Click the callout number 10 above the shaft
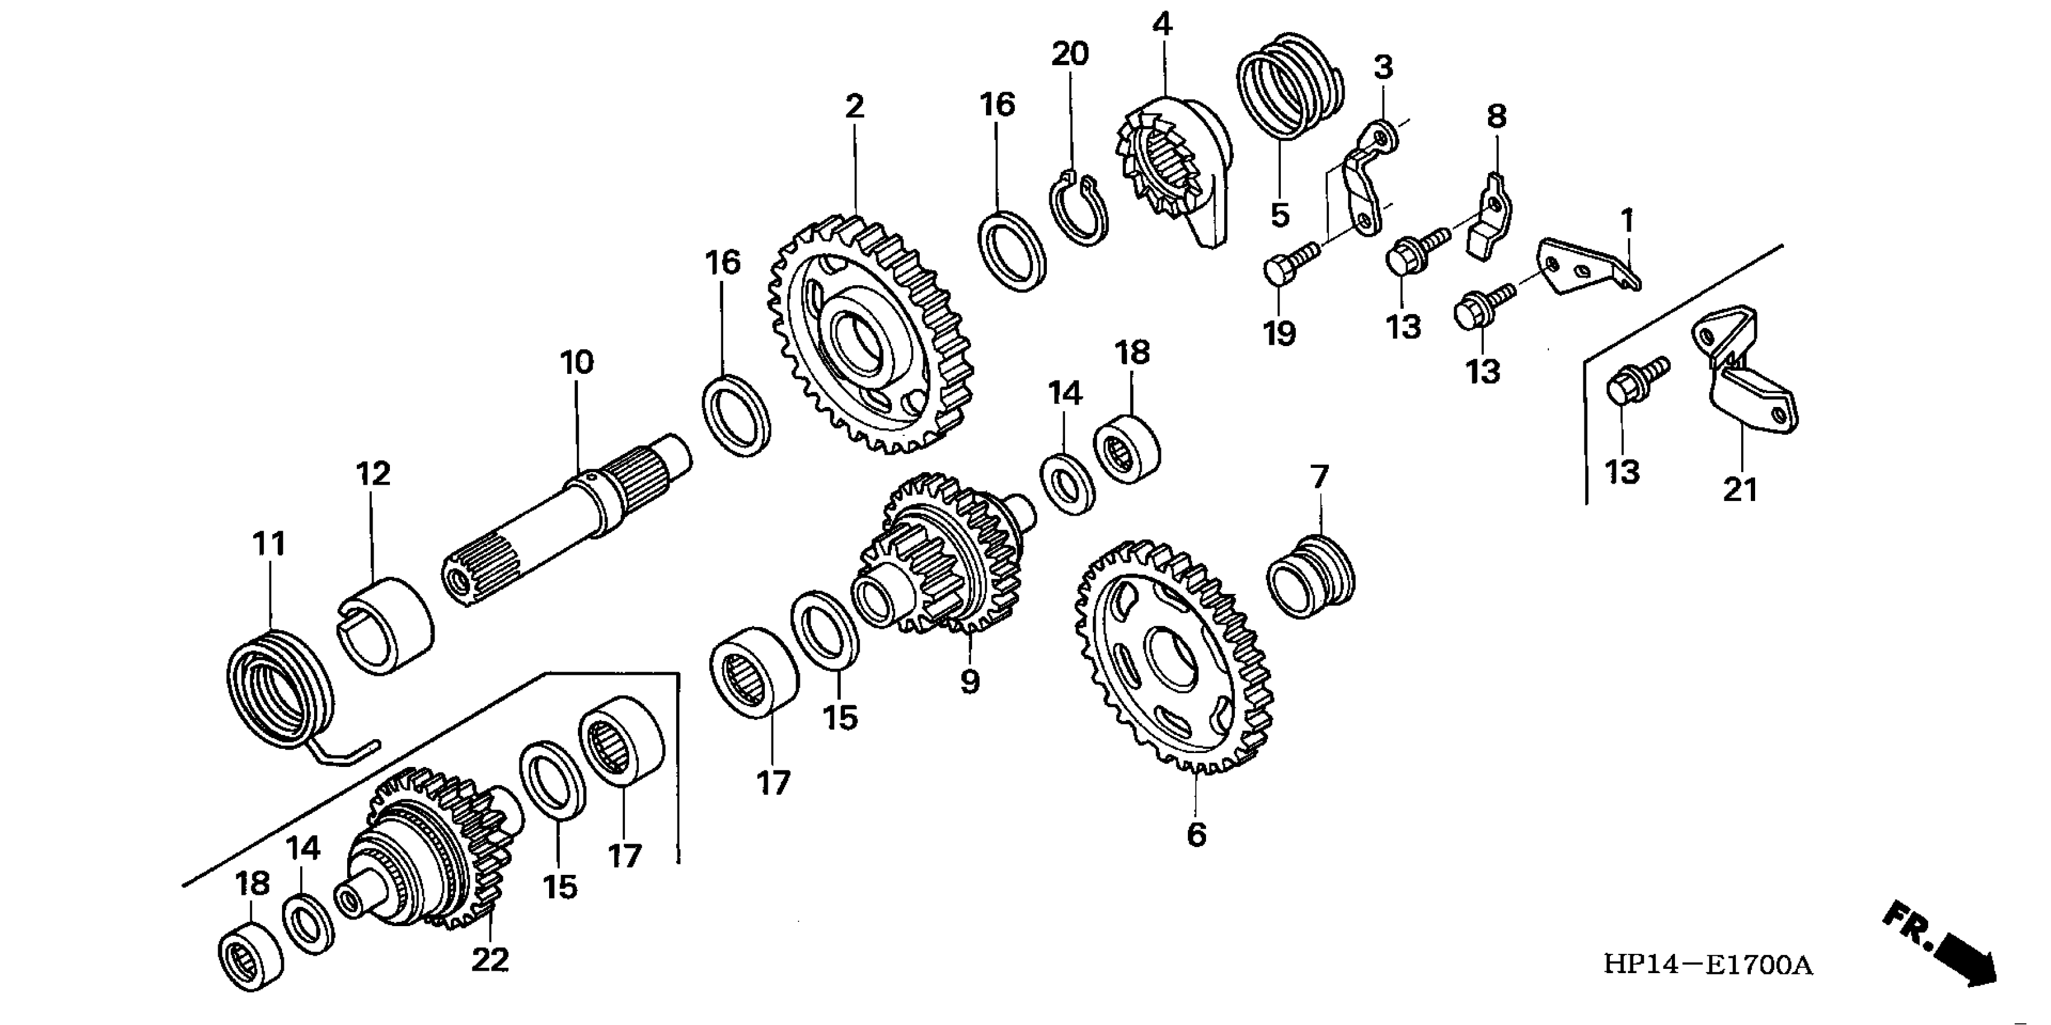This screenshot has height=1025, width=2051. coord(576,363)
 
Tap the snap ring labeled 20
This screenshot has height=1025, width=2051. coord(1077,208)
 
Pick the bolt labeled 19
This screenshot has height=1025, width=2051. coord(1290,261)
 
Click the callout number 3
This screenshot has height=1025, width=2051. coord(1384,68)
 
